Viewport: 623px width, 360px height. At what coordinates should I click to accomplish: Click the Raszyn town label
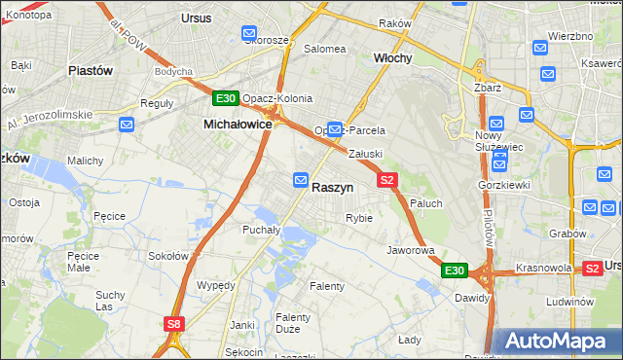point(333,187)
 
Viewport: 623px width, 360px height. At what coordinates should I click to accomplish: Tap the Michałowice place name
point(238,125)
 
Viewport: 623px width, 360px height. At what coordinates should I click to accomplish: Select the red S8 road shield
point(174,324)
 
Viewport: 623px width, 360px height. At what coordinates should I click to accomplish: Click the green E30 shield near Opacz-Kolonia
point(226,98)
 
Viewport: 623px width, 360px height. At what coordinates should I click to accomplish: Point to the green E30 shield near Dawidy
point(455,270)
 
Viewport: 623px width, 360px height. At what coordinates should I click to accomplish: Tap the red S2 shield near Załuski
point(387,180)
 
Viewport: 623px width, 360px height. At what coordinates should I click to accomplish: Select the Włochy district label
point(393,58)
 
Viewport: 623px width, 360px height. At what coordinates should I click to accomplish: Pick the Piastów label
point(91,70)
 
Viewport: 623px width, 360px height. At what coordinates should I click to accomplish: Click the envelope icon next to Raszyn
point(301,180)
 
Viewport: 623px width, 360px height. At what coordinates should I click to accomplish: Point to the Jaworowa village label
point(410,250)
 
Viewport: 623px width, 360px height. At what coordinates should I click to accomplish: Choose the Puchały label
point(261,231)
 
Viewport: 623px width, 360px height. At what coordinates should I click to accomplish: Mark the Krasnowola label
point(543,267)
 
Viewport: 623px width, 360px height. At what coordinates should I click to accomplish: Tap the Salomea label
point(325,48)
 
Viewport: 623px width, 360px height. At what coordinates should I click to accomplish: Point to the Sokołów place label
point(166,256)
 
